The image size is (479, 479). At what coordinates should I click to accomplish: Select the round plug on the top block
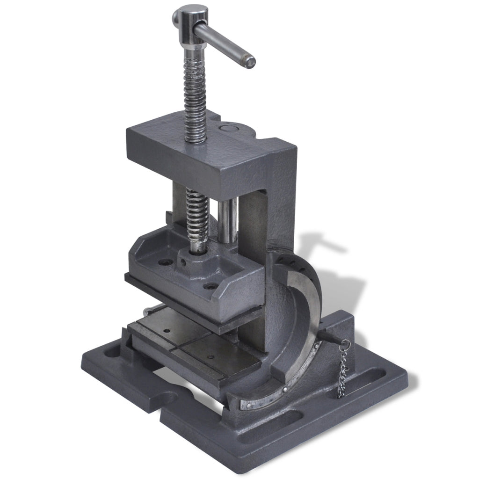click(229, 127)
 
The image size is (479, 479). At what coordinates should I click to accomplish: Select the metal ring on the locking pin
click(345, 347)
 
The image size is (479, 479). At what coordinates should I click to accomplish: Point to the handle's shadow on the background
click(323, 243)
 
